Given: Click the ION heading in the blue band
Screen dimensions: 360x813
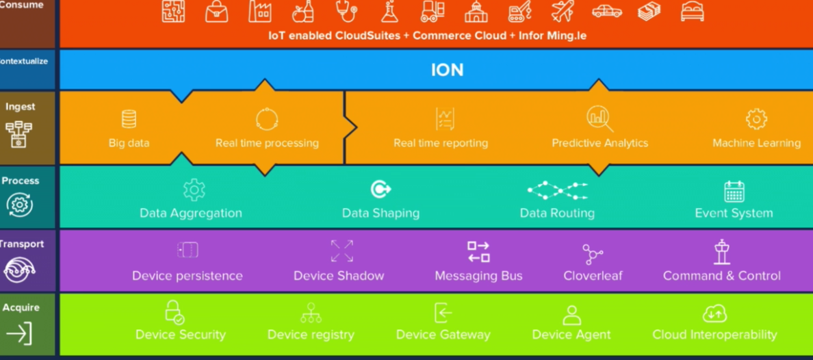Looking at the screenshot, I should click(x=447, y=70).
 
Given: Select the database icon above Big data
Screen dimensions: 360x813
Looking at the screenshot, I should click(x=129, y=119).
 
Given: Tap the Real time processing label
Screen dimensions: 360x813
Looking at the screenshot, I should click(x=267, y=143).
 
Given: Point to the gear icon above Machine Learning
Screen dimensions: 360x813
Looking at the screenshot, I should click(x=756, y=119).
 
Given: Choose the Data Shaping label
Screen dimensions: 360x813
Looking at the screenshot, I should click(x=380, y=213).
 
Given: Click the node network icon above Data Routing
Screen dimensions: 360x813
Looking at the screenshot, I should click(x=557, y=190).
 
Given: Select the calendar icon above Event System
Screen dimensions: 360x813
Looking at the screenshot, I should click(x=734, y=191).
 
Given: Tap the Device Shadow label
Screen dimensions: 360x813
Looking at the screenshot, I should click(x=339, y=276).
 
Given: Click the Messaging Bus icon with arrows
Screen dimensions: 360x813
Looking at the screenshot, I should click(x=478, y=252).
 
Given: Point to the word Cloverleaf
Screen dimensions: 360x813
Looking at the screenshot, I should click(x=593, y=276).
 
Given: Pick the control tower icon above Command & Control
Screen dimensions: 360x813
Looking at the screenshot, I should click(x=721, y=252).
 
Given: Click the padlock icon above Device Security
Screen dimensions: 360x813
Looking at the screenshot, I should click(x=175, y=312).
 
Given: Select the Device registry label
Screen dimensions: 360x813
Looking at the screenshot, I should click(x=311, y=335).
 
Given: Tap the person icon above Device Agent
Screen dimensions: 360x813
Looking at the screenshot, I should click(x=571, y=314).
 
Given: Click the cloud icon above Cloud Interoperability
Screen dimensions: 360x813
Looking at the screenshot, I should click(x=714, y=313).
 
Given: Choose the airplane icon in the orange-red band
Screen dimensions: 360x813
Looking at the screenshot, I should click(x=563, y=11).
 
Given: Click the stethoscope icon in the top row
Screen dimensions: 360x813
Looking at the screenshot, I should click(x=346, y=11).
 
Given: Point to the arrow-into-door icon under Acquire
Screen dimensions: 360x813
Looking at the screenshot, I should click(x=19, y=333).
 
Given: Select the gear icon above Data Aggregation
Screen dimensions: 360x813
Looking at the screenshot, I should click(x=194, y=190).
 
